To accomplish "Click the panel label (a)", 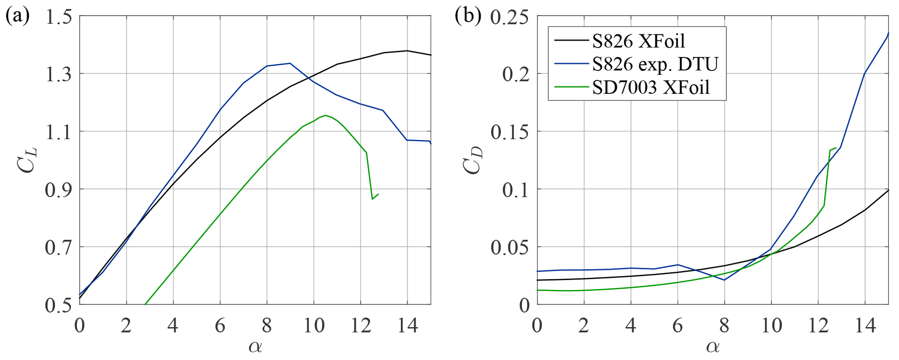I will coord(17,16).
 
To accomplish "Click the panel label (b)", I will coord(468,16).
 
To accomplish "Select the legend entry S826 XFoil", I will coord(638,41).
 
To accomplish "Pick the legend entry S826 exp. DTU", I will coord(655,64).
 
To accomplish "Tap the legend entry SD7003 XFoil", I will coord(651,87).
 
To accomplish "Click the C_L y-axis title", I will coord(27,160).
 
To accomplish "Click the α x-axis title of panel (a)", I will coord(255,347).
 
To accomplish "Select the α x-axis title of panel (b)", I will coord(712,347).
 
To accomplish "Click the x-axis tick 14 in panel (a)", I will coord(408,325).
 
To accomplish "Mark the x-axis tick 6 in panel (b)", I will coord(678,325).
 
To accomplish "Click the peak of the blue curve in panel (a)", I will coord(290,63).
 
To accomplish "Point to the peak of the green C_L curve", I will coord(325,115).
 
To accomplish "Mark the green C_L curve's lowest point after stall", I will coord(372,199).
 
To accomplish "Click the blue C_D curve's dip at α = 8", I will coord(724,280).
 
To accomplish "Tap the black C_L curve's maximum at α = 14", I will coord(408,51).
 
